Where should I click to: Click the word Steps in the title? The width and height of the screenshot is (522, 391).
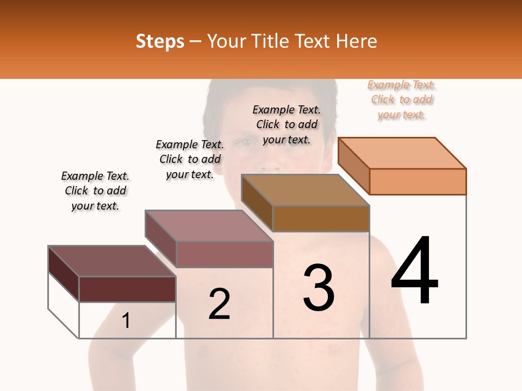[160, 41]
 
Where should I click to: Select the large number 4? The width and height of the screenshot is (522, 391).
[415, 271]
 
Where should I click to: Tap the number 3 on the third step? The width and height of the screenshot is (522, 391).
[319, 288]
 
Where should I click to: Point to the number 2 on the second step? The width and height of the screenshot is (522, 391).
[220, 304]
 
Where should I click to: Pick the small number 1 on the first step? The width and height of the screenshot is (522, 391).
[126, 321]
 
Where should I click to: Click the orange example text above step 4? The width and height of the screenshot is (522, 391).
[402, 100]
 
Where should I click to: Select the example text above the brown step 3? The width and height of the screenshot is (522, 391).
[287, 124]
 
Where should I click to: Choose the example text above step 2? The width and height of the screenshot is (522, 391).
[190, 159]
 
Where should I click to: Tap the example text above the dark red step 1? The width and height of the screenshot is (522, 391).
[95, 191]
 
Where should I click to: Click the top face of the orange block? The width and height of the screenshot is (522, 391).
[402, 153]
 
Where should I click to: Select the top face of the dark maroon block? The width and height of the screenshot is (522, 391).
[112, 261]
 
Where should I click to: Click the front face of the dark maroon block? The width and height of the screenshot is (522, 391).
[127, 289]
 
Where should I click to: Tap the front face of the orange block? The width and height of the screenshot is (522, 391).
[418, 181]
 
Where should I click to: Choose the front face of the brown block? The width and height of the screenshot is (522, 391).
[321, 218]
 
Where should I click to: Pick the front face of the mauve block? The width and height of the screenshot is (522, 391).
[224, 254]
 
